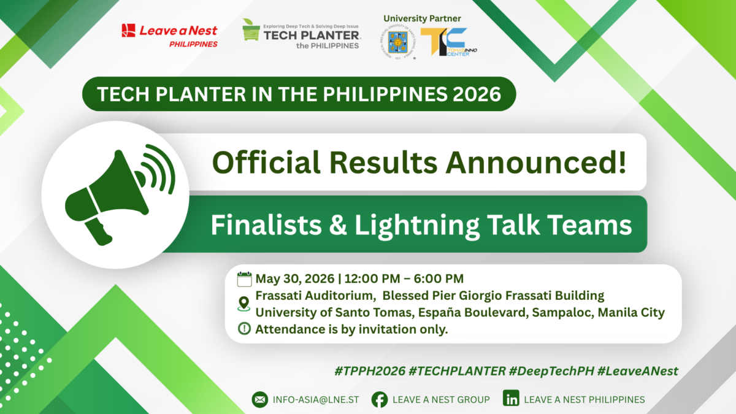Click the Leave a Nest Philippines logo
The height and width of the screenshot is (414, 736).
(x=169, y=35)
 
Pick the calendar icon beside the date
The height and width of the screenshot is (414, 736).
(x=244, y=279)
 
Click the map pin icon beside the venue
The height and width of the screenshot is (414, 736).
(x=244, y=304)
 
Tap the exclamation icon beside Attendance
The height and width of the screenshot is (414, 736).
(x=244, y=329)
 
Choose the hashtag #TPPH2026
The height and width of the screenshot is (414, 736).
(x=369, y=370)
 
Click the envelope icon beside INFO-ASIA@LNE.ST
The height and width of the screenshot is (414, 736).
(x=260, y=399)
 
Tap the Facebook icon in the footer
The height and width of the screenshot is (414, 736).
(x=380, y=399)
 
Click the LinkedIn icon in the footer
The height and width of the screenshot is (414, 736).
(x=510, y=399)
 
